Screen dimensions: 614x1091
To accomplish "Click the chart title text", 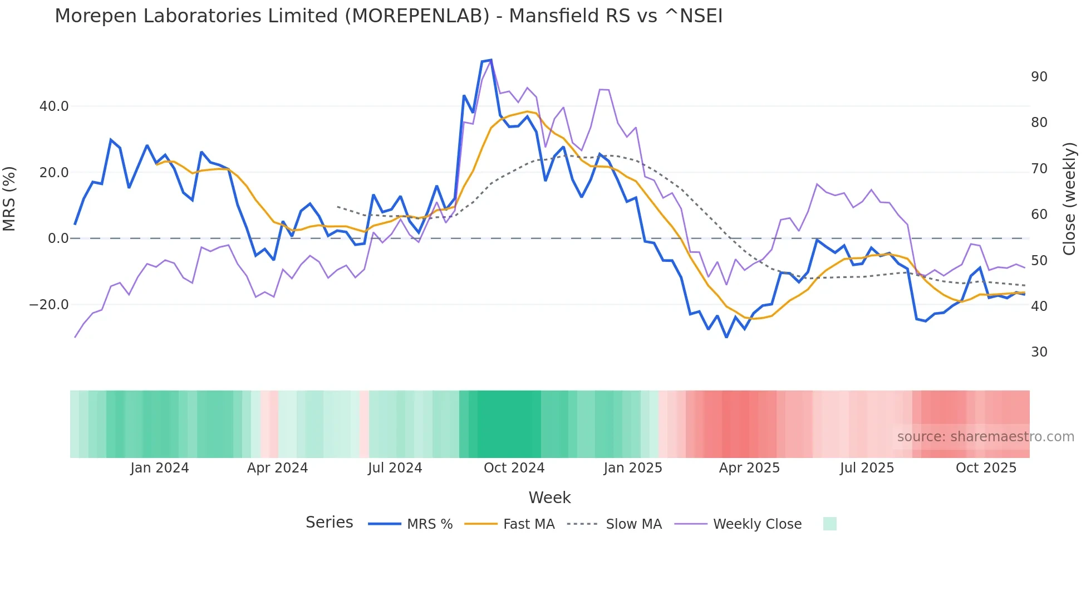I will point(389,16).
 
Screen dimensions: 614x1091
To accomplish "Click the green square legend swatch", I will point(829,524).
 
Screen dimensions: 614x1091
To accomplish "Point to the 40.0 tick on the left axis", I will point(54,106).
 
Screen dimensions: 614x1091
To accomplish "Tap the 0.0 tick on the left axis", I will point(58,238).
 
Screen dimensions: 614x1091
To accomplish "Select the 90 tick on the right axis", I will point(1039,76).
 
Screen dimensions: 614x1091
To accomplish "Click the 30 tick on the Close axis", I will point(1039,352).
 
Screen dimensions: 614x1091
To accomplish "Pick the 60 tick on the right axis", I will point(1039,214).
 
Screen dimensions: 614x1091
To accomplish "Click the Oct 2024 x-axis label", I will point(514,467).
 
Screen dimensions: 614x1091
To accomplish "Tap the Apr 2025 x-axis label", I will point(749,467).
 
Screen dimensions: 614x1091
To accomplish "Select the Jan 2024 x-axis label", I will point(160,467).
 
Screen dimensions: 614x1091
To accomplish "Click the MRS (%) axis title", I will point(9,199).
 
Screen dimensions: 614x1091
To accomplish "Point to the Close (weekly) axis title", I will point(1069,199).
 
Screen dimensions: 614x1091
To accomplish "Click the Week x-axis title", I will point(549,498).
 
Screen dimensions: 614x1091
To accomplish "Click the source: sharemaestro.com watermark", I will point(985,437).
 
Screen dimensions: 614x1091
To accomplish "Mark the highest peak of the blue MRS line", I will point(490,60).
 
